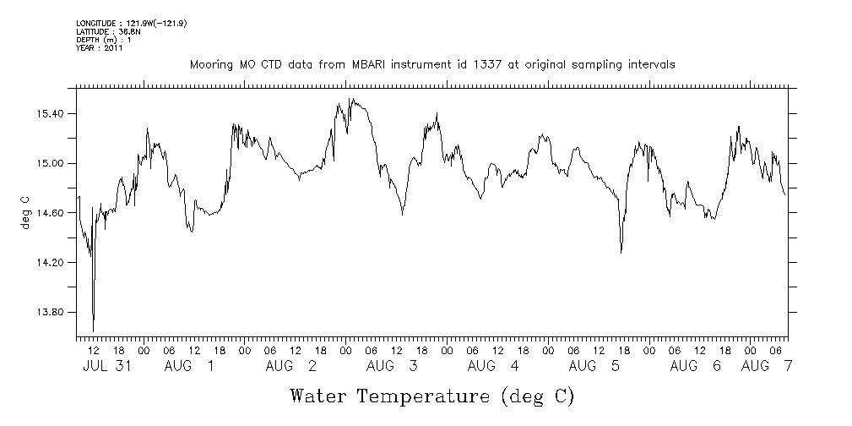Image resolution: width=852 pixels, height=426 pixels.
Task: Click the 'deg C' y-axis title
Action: pos(24,213)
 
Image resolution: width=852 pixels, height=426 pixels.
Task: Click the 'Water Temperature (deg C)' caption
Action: pos(432,395)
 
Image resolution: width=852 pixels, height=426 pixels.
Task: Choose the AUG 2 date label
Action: pos(290,366)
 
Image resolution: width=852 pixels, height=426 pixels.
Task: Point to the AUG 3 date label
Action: pos(392,366)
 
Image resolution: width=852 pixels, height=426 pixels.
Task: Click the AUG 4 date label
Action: pos(492,366)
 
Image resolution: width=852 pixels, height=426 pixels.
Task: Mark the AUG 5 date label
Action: pos(594,366)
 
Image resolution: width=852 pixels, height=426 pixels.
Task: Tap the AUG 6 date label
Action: pos(695,366)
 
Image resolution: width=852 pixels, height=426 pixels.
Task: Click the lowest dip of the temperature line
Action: pos(93,330)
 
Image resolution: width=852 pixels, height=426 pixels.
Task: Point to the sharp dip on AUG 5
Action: pos(621,252)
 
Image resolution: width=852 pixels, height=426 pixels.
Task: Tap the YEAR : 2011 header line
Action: pos(100,48)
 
